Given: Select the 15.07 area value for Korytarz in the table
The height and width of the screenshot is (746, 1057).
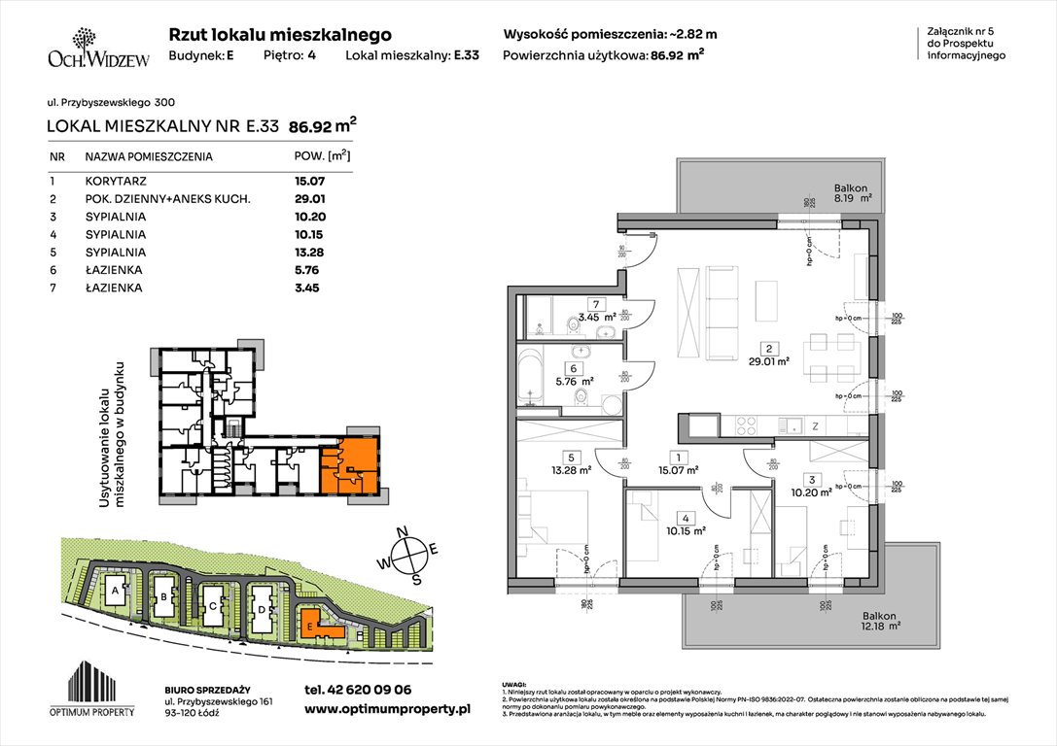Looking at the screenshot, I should tap(308, 181).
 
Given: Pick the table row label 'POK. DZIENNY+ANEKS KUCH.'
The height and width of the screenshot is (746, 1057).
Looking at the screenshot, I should tap(167, 198).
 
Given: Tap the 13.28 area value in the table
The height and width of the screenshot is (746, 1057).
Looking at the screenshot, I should tap(308, 253).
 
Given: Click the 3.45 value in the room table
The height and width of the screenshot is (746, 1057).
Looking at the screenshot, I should tap(306, 288).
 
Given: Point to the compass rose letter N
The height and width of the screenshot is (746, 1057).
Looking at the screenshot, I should tap(412, 531).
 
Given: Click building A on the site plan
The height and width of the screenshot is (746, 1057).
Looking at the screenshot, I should tap(116, 591).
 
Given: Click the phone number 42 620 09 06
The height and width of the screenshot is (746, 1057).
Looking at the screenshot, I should tap(357, 690).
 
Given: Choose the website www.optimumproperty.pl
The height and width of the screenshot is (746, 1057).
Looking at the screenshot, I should tap(387, 710).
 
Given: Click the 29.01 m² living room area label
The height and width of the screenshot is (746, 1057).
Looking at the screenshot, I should tap(769, 360).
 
